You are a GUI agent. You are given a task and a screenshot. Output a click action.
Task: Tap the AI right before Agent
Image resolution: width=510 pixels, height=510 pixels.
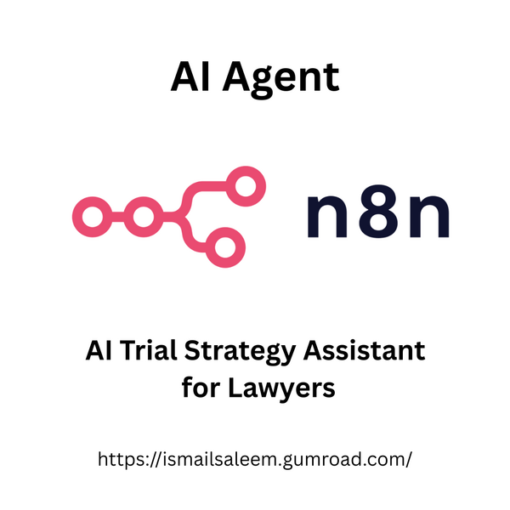click(189, 76)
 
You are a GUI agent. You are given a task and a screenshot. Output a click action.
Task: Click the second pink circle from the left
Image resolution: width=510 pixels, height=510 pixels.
click(144, 218)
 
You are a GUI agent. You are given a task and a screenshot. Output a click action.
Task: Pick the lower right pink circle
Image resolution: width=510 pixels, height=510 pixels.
click(223, 248)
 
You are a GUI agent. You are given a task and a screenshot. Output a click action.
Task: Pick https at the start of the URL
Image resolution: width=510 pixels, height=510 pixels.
click(122, 460)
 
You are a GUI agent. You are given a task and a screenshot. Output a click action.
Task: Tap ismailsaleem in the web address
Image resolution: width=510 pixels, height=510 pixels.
click(216, 459)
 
